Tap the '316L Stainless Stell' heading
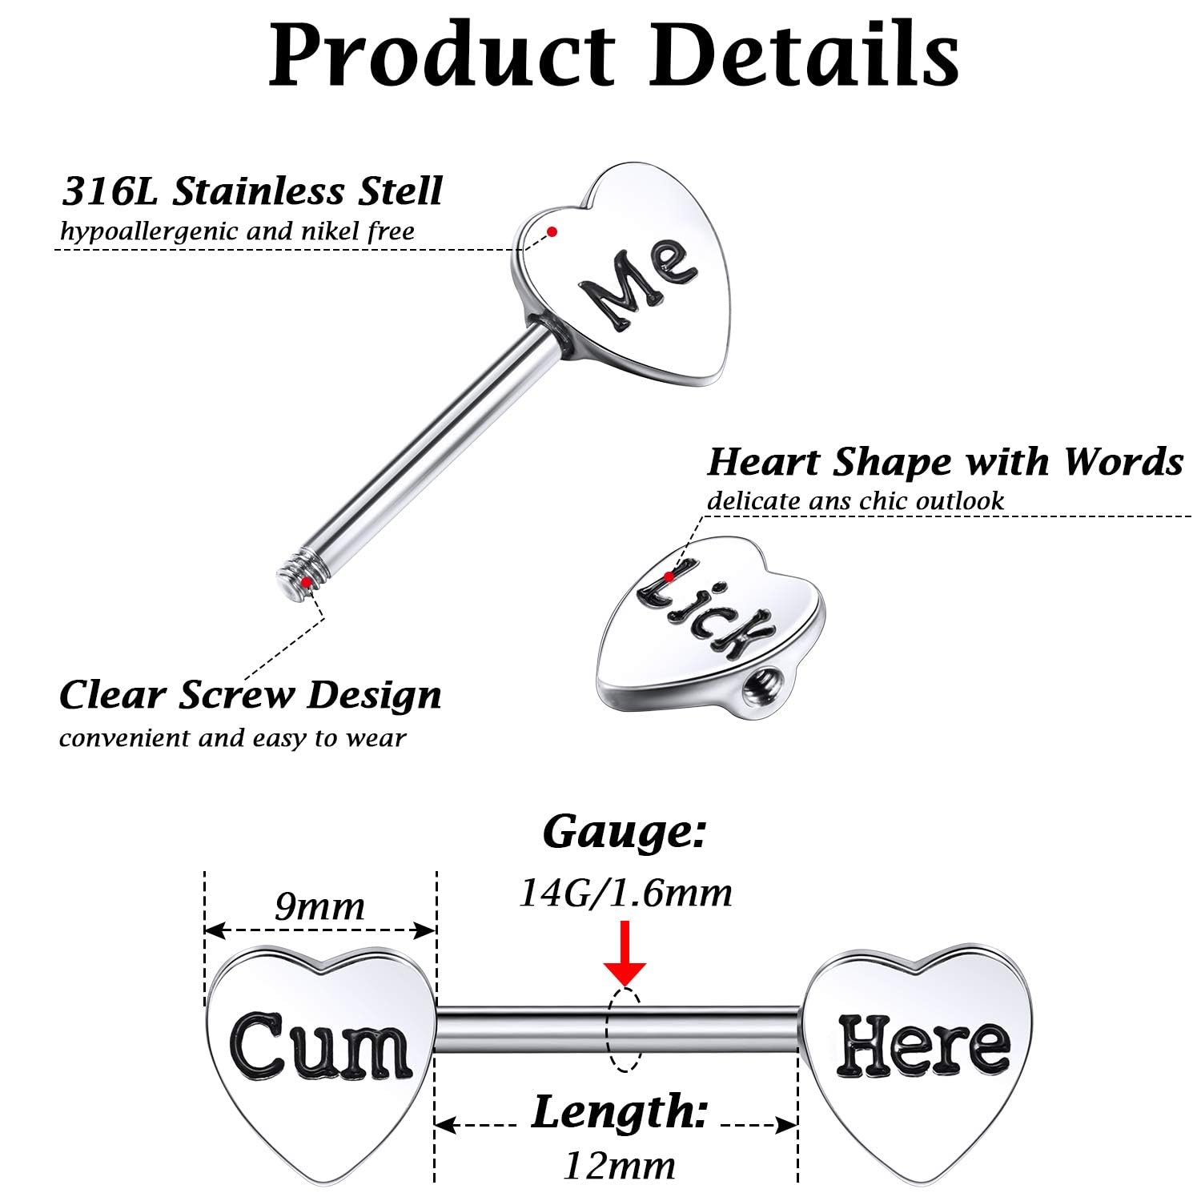(x=252, y=192)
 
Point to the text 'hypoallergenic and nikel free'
(x=238, y=232)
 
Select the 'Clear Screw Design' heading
(x=251, y=695)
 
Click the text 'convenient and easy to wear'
(x=232, y=737)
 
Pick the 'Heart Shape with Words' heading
(x=945, y=462)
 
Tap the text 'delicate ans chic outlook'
(x=855, y=501)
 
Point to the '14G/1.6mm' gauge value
(x=625, y=893)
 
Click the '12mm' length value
(x=619, y=1166)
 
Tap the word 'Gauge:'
(x=625, y=833)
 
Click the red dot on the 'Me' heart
(x=552, y=232)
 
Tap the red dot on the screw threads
(x=305, y=580)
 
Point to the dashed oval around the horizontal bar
(x=625, y=1030)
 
